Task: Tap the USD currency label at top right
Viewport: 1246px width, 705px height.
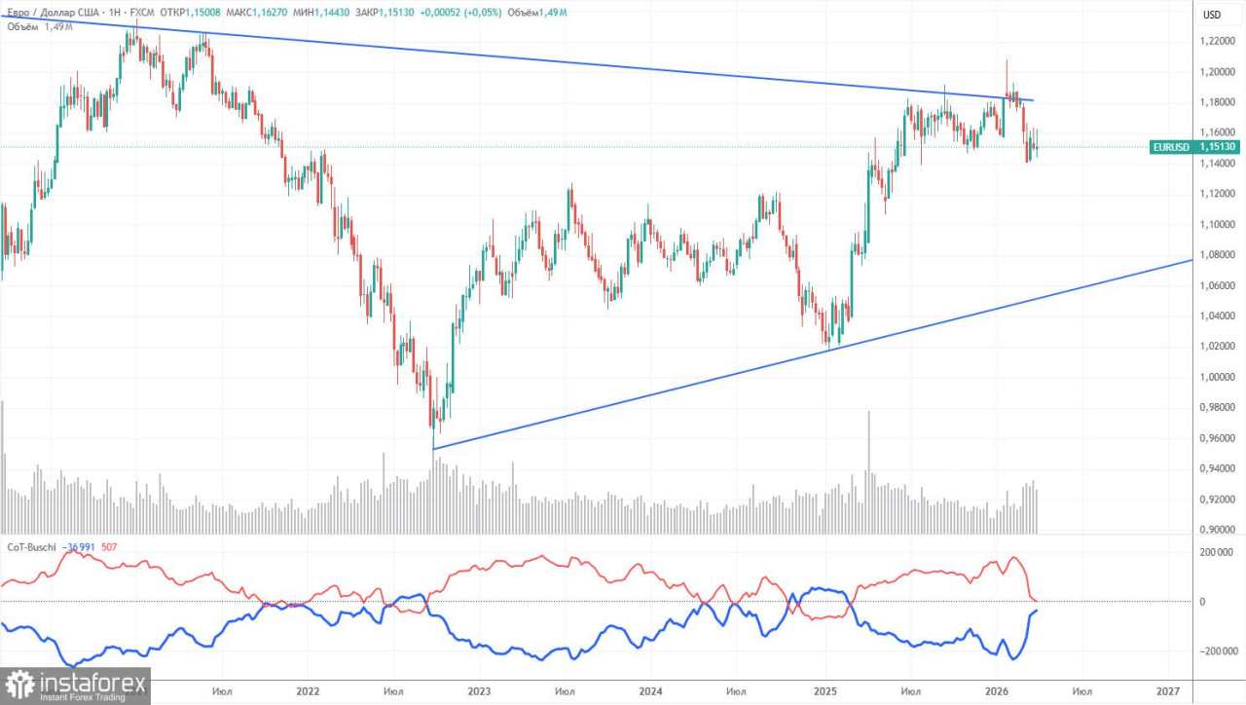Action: click(1211, 15)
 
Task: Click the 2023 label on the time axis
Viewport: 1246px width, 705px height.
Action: click(479, 690)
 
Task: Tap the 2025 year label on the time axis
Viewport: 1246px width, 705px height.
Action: click(824, 690)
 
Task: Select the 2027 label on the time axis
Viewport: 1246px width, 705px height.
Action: click(1168, 690)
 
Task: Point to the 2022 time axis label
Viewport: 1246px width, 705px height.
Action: click(308, 690)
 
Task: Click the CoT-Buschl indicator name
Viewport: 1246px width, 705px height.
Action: click(32, 546)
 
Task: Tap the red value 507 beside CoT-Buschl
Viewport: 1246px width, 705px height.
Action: click(109, 546)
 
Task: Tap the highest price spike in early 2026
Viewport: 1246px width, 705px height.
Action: click(1007, 60)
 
